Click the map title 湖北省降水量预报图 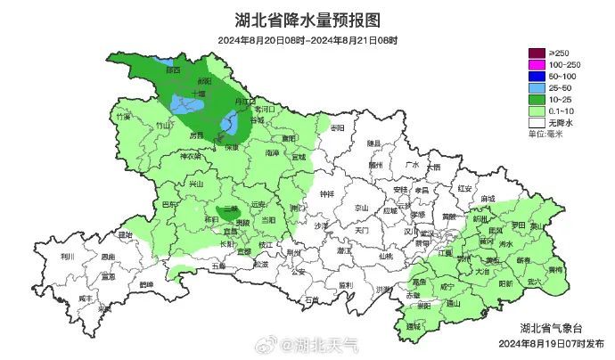[x=307, y=19]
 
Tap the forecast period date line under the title [x=307, y=40]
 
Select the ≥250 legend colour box [x=537, y=54]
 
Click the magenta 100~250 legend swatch [x=537, y=66]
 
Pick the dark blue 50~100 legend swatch [x=537, y=78]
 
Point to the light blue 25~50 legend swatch [x=537, y=89]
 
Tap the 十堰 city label [x=197, y=92]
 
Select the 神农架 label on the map [x=191, y=156]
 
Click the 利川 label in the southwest [x=67, y=256]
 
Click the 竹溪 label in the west [x=123, y=117]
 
